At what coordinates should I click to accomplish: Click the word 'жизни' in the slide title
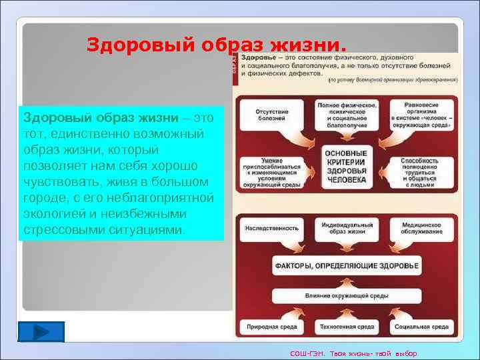[309, 45]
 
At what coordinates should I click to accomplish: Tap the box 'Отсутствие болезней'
[267, 115]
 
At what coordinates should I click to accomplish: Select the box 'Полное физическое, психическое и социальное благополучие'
[347, 115]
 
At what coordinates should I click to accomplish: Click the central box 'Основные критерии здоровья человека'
[347, 167]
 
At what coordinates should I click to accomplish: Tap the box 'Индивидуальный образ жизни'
[347, 227]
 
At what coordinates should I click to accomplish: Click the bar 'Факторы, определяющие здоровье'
[347, 266]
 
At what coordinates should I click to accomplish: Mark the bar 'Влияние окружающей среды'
[347, 295]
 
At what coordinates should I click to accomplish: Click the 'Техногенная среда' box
[347, 328]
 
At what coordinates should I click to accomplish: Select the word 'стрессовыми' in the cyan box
[61, 229]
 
